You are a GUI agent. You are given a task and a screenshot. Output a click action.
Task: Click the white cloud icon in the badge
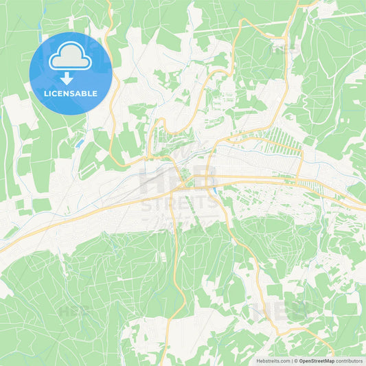pyautogui.click(x=71, y=57)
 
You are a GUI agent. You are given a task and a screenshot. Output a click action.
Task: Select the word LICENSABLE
pyautogui.click(x=71, y=93)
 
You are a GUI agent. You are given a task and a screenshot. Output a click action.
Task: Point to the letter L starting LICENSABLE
pyautogui.click(x=45, y=93)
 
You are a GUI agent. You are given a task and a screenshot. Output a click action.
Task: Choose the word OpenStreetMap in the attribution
pyautogui.click(x=317, y=361)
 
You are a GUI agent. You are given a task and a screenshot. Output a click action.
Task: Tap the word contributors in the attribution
pyautogui.click(x=350, y=361)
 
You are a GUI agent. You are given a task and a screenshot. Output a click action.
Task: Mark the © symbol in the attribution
pyautogui.click(x=296, y=361)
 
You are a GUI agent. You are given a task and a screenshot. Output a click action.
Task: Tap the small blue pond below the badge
pyautogui.click(x=80, y=143)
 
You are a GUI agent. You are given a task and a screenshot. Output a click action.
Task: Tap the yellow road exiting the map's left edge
pyautogui.click(x=5, y=247)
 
